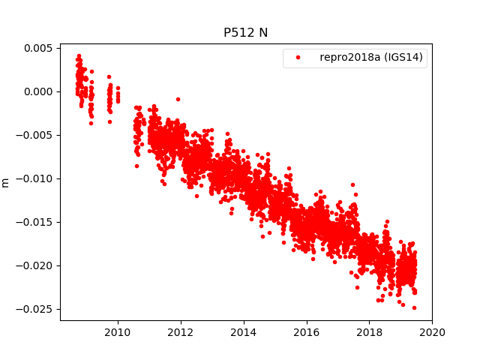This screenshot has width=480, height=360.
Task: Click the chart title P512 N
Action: click(x=246, y=32)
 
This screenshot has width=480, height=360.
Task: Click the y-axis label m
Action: click(x=6, y=182)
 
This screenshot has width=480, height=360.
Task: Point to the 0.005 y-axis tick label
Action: click(x=36, y=48)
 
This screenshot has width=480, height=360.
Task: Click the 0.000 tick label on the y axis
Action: click(x=36, y=91)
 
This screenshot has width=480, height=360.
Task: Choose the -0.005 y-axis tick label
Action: click(x=34, y=135)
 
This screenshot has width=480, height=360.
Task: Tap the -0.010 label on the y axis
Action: click(x=34, y=178)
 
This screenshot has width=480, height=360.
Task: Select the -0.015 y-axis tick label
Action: click(x=34, y=222)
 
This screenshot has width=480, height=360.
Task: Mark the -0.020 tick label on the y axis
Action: click(x=34, y=265)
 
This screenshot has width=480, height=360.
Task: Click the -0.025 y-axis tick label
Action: click(x=34, y=309)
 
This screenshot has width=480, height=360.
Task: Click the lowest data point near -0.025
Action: click(x=414, y=307)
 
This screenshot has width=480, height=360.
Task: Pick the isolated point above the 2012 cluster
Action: click(x=178, y=99)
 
